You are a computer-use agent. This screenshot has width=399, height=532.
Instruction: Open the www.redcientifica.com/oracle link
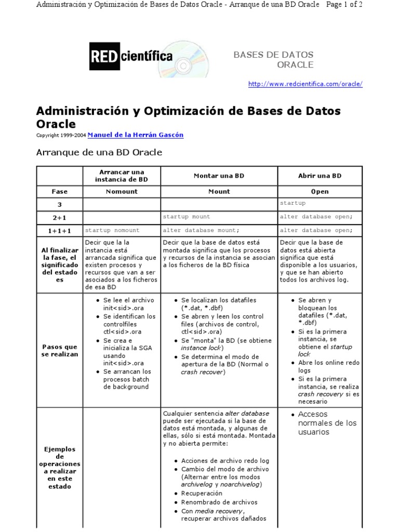click(x=305, y=84)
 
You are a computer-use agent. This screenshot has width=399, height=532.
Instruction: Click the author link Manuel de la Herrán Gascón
click(x=135, y=135)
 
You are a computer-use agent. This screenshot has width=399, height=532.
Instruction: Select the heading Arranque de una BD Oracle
click(x=99, y=152)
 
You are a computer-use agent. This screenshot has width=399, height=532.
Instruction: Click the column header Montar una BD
click(x=219, y=176)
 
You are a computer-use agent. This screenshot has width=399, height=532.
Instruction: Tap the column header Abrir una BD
click(x=320, y=176)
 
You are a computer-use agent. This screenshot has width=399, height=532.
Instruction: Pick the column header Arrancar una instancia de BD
click(x=122, y=176)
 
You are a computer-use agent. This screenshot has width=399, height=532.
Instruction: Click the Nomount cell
click(x=122, y=191)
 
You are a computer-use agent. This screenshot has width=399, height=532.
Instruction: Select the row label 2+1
click(x=59, y=217)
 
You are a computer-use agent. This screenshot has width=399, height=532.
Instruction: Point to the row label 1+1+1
click(x=59, y=230)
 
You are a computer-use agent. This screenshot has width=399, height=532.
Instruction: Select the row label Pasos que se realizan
click(x=59, y=350)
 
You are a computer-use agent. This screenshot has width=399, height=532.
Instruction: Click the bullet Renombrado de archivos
click(x=219, y=502)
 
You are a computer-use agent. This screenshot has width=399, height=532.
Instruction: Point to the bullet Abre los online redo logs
click(x=328, y=367)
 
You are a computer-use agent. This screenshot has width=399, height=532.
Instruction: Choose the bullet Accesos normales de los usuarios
click(x=327, y=423)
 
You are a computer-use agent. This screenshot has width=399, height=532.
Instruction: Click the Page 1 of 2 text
click(x=343, y=5)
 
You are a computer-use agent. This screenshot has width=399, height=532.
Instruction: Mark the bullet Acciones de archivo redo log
click(x=225, y=461)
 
